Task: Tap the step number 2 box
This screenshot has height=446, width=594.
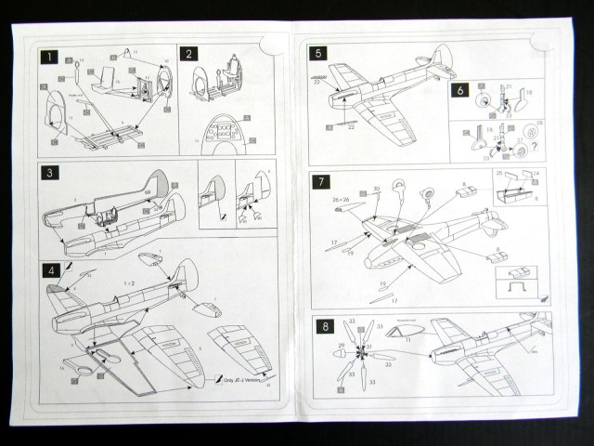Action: pyautogui.click(x=187, y=55)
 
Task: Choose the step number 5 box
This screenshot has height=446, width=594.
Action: pyautogui.click(x=318, y=54)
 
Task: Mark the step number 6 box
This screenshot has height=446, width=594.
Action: pyautogui.click(x=459, y=90)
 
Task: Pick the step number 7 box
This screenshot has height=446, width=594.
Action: pyautogui.click(x=320, y=181)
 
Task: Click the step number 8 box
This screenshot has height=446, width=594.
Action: pyautogui.click(x=320, y=325)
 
